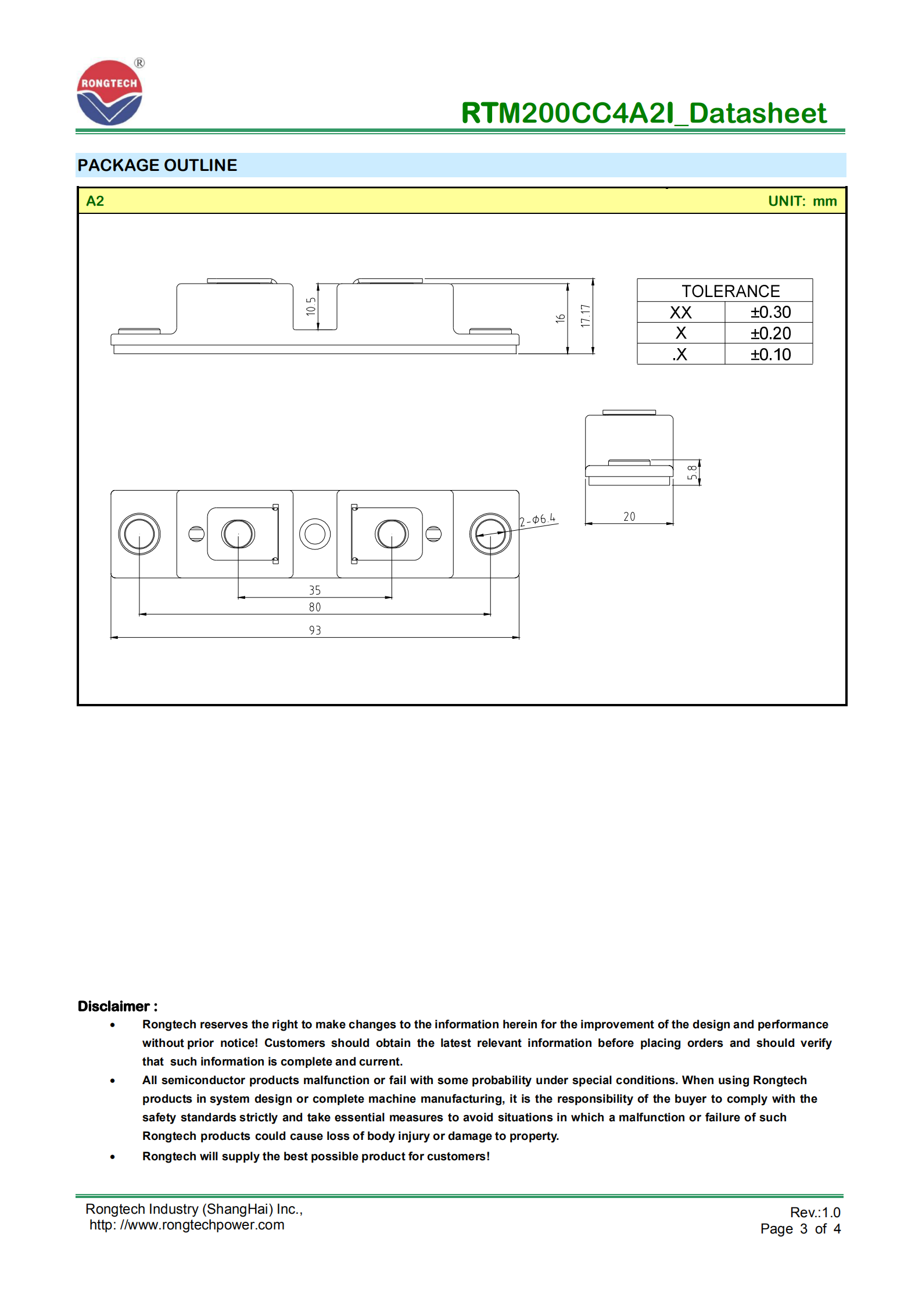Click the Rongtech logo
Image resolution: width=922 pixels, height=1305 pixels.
(x=109, y=93)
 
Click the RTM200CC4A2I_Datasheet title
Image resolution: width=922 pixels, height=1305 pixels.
(x=643, y=113)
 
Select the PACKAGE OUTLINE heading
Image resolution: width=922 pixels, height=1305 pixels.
(x=157, y=166)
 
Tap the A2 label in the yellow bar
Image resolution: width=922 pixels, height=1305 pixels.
(x=95, y=201)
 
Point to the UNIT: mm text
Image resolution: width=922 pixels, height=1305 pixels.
(x=802, y=201)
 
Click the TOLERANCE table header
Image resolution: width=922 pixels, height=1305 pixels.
(x=730, y=291)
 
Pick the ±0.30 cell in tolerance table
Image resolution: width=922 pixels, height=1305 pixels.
(x=770, y=312)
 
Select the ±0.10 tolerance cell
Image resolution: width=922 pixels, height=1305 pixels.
(x=770, y=355)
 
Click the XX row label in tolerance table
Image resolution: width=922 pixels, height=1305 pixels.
(x=680, y=313)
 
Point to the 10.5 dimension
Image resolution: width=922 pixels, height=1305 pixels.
(x=311, y=306)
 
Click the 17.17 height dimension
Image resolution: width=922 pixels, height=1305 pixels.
(x=586, y=316)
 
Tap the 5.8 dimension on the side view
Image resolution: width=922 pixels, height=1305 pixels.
(x=692, y=473)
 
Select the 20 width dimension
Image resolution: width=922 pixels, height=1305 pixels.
(x=629, y=517)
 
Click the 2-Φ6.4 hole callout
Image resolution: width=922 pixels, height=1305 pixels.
(x=537, y=520)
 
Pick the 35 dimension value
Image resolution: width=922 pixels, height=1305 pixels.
(x=315, y=591)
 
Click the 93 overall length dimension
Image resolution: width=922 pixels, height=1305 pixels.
(x=315, y=631)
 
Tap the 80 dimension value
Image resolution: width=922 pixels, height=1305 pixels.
(x=315, y=607)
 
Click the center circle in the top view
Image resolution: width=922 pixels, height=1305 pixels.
(x=315, y=534)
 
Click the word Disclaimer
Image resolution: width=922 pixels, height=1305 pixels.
(x=114, y=1006)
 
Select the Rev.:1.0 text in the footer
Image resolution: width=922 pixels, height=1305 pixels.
(x=815, y=1213)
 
